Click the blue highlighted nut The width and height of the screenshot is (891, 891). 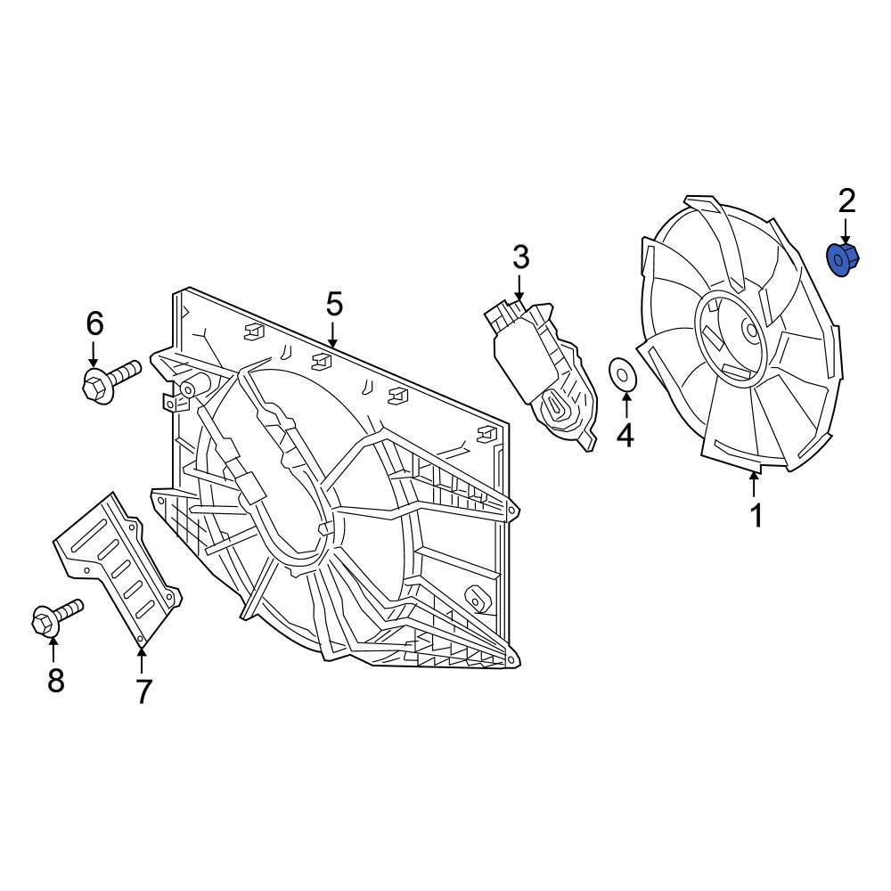tap(842, 259)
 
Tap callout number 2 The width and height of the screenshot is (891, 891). tap(846, 201)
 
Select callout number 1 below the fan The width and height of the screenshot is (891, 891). tap(756, 515)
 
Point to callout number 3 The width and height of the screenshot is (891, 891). tap(520, 257)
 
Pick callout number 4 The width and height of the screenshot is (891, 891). tap(625, 436)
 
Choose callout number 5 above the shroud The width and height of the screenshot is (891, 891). tap(334, 305)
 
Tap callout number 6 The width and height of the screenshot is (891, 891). tap(95, 324)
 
